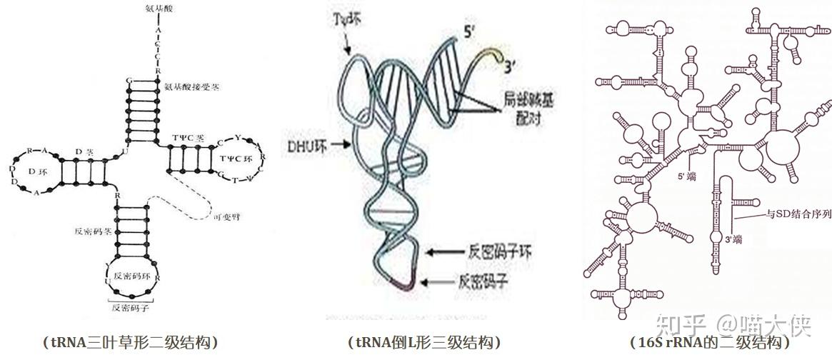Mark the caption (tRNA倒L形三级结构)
pos(425,344)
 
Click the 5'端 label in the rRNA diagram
pos(687,174)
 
